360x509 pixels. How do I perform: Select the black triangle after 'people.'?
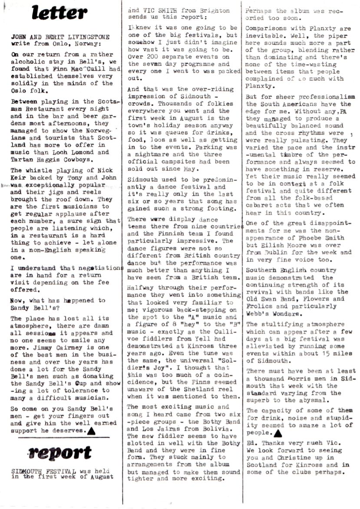pos(278,433)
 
